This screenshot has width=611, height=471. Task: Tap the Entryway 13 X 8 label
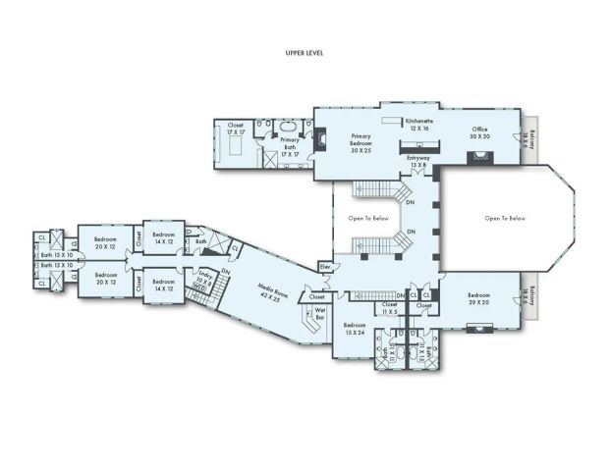click(x=417, y=163)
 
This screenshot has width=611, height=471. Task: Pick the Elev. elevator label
click(x=324, y=266)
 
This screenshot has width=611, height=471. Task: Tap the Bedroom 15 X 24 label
click(x=354, y=329)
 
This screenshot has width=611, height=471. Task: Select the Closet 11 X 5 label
click(x=389, y=307)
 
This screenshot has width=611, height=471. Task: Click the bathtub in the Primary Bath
click(x=288, y=129)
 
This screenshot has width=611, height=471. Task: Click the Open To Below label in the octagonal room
click(x=504, y=218)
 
